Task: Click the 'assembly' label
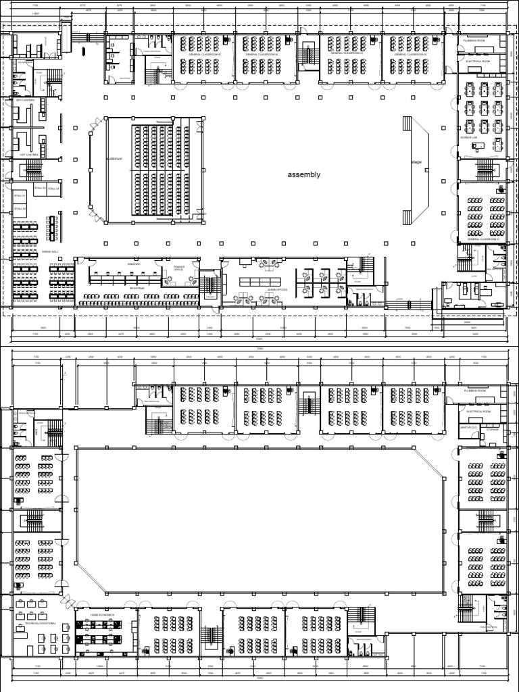303,174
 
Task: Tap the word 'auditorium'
114,159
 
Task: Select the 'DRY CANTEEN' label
26,100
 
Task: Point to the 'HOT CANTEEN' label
28,155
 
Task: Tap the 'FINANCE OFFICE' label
178,268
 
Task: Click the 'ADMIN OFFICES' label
277,289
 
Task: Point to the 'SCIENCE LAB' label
469,137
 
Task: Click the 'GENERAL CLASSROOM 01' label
481,240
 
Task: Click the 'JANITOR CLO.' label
468,428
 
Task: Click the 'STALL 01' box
20,195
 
